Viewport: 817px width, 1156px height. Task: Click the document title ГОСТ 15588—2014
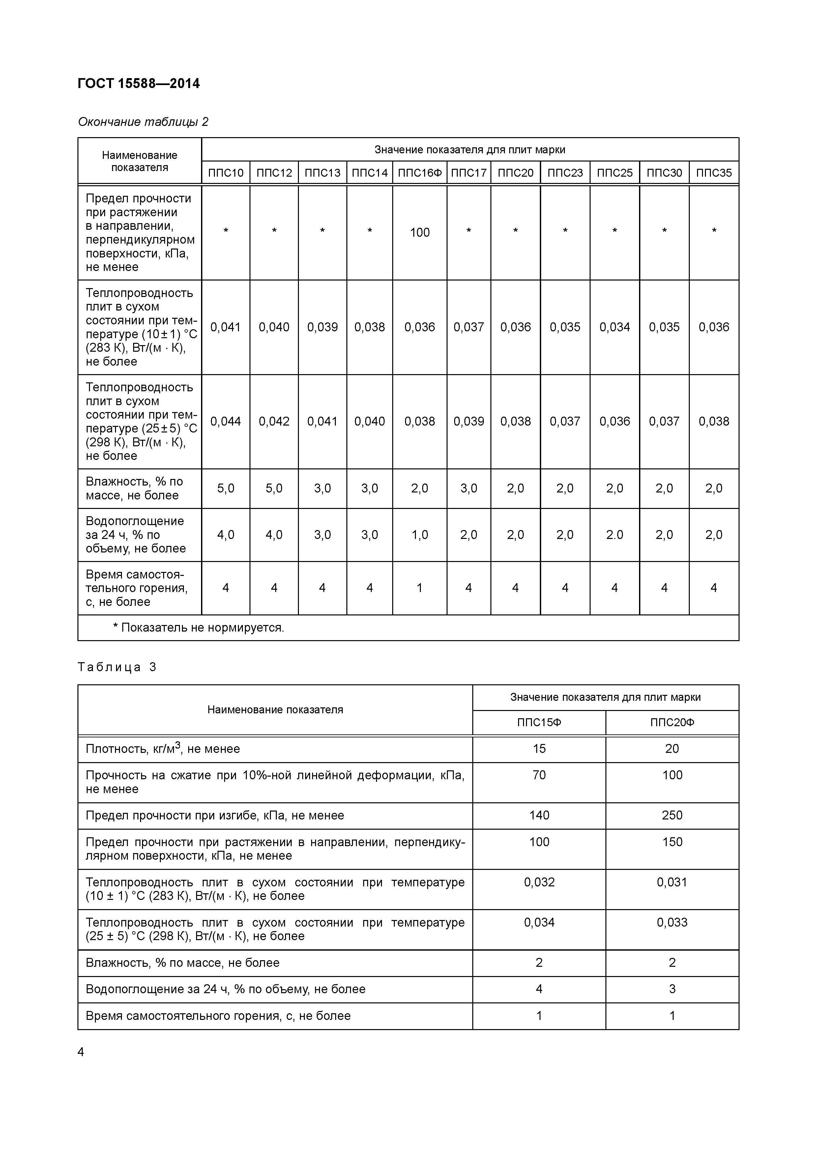(x=139, y=84)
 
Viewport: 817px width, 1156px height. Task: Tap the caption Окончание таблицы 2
(x=143, y=122)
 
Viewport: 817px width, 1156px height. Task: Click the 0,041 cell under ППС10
(x=225, y=327)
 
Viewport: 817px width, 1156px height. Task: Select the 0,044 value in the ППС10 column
(x=225, y=421)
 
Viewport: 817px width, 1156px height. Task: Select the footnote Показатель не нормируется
(x=199, y=628)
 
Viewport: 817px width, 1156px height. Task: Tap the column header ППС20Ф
(x=672, y=723)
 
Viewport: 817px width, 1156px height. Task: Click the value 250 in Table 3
(x=672, y=815)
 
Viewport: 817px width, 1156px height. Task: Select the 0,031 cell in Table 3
(x=672, y=882)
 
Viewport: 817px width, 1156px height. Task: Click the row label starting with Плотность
(x=162, y=749)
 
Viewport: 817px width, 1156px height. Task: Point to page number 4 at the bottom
(x=81, y=1052)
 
